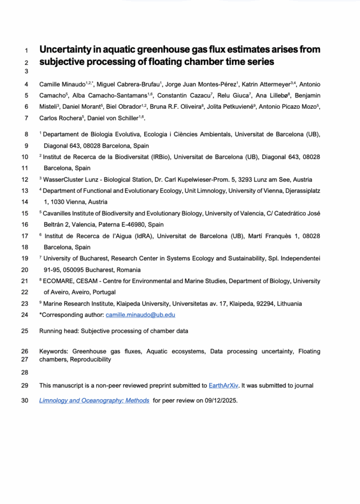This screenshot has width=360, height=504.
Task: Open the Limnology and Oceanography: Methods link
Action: tap(94, 401)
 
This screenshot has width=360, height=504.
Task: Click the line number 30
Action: tap(25, 401)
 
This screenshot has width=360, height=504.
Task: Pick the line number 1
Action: tap(26, 50)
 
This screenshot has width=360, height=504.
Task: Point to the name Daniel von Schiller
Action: tap(113, 118)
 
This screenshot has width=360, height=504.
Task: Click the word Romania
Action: tap(128, 270)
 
